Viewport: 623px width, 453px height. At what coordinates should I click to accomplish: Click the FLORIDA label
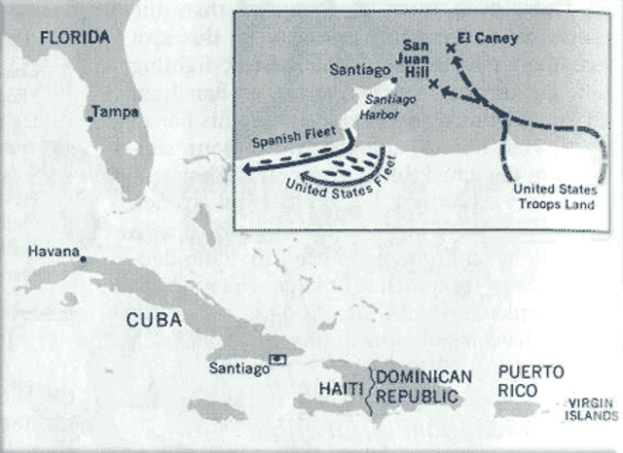click(74, 37)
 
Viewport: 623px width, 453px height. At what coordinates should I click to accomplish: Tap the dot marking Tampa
click(90, 119)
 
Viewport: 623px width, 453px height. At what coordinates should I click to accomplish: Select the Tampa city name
click(116, 111)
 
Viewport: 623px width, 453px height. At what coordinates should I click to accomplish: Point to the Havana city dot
click(83, 259)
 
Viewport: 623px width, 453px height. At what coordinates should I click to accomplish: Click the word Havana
click(53, 251)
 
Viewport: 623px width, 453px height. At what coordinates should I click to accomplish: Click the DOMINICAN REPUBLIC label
click(422, 386)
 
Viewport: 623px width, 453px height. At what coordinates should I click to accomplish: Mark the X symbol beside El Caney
click(450, 48)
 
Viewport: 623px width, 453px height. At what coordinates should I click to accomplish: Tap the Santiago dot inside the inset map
click(393, 81)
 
